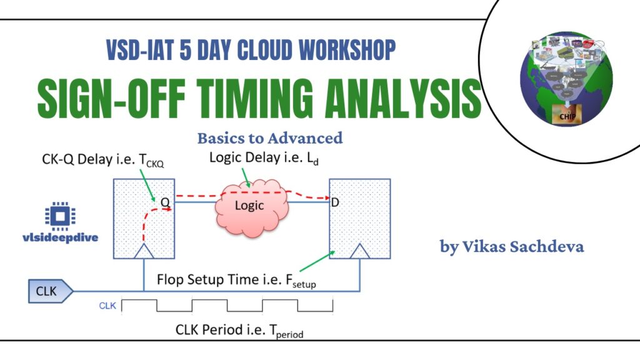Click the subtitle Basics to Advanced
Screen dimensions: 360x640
pos(269,137)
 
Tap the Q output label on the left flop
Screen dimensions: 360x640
pos(165,202)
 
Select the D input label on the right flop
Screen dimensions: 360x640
pos(335,202)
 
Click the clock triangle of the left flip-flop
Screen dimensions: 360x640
pos(144,252)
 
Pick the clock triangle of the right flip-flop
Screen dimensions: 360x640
pos(360,252)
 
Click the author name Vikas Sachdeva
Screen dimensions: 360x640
pos(512,246)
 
